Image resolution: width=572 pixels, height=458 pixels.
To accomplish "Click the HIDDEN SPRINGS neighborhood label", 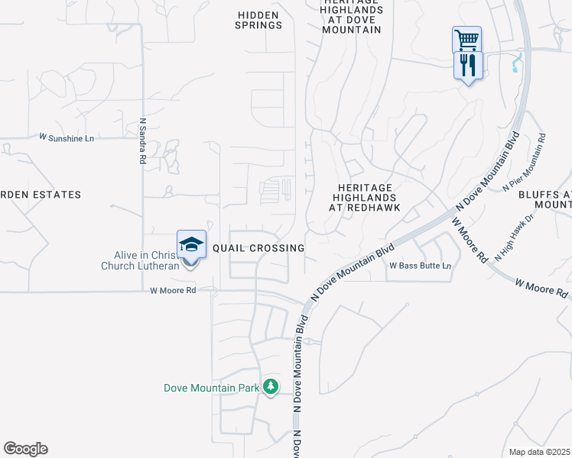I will click(x=259, y=20).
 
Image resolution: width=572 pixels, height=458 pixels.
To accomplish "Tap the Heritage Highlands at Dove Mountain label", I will click(x=349, y=17).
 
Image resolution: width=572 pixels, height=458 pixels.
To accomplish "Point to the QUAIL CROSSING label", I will click(x=258, y=248).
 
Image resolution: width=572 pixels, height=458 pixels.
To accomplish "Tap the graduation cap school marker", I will click(x=192, y=245).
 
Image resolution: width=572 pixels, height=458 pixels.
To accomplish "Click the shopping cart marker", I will click(x=466, y=39).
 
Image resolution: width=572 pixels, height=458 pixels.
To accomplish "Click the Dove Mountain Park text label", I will click(x=212, y=388).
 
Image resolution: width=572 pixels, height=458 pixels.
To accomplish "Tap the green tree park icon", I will click(x=270, y=387).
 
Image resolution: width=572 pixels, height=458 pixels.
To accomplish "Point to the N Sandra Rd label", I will click(x=142, y=141).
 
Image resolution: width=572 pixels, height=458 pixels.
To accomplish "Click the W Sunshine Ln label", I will click(x=67, y=137).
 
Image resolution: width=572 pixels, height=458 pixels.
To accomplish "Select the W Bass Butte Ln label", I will click(x=420, y=266).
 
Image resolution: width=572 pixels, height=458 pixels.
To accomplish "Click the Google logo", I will click(x=26, y=449).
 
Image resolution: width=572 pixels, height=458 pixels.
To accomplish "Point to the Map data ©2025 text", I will click(x=539, y=452).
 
